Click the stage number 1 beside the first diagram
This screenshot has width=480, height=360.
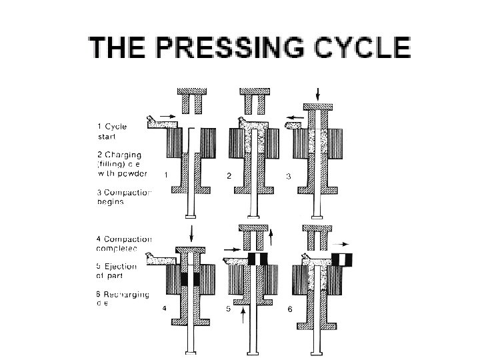pyautogui.click(x=165, y=175)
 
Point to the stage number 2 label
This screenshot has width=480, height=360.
pyautogui.click(x=229, y=175)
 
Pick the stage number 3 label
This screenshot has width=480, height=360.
pyautogui.click(x=289, y=175)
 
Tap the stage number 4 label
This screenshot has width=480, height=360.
pyautogui.click(x=164, y=309)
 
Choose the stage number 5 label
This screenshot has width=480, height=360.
pyautogui.click(x=229, y=309)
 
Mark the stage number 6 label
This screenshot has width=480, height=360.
pyautogui.click(x=289, y=309)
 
